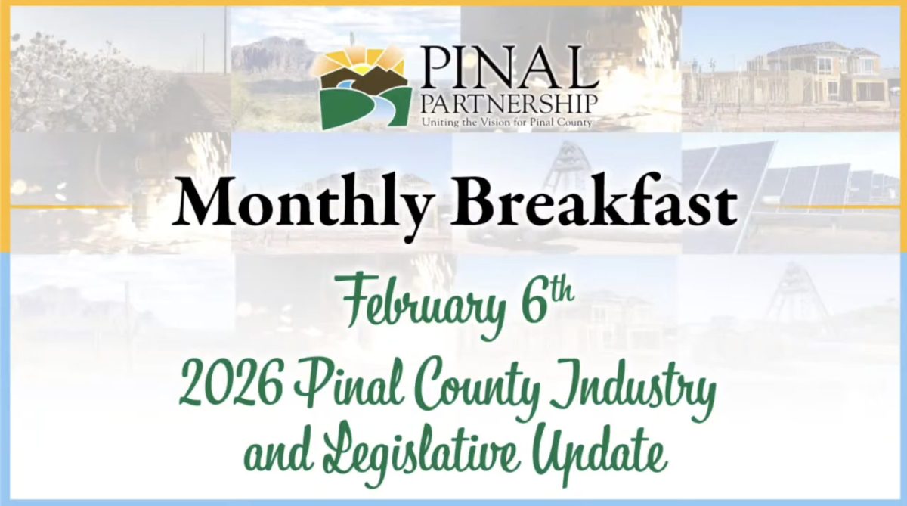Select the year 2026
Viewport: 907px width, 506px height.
(x=231, y=383)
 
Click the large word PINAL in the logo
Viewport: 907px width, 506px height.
(x=508, y=67)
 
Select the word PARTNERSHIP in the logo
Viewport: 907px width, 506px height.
(x=509, y=104)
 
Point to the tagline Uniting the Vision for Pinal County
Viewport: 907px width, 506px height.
(x=506, y=122)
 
